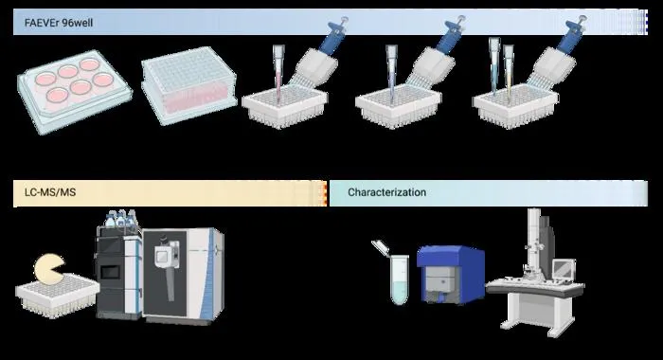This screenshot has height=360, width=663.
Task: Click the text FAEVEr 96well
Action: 59,23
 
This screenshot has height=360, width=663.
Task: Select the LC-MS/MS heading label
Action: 50,192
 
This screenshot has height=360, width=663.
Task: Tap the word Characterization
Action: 386,192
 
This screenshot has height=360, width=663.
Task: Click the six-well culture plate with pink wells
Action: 75,92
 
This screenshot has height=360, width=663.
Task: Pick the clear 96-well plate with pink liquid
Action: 188,85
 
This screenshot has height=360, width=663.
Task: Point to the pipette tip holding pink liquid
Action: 278,73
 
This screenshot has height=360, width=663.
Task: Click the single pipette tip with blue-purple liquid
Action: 391,73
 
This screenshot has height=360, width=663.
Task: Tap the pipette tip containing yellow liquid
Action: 509,71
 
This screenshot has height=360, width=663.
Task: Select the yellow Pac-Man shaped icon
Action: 49,269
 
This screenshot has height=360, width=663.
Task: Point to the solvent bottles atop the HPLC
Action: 121,219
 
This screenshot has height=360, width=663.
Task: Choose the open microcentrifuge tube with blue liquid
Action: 399,279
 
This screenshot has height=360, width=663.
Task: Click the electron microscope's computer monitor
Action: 564,269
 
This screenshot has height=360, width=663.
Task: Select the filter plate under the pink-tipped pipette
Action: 284,106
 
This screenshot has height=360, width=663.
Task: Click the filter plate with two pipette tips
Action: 515,106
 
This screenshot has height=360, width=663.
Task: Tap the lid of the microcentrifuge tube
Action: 380,246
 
